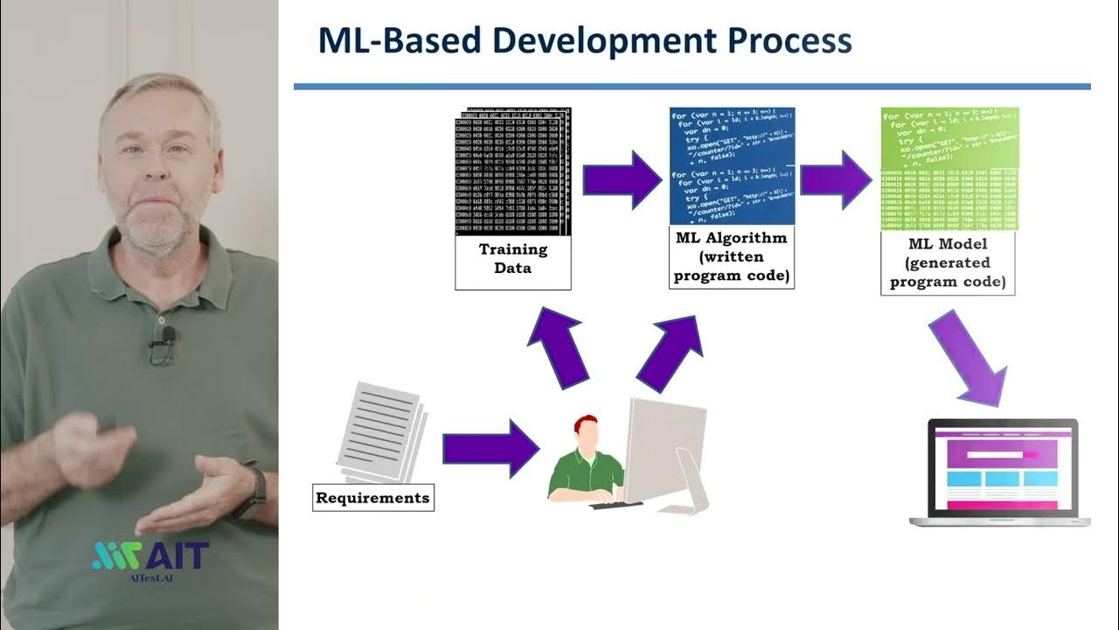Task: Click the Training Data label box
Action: [x=513, y=259]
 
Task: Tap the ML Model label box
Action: [x=949, y=262]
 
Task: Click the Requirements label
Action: [x=373, y=498]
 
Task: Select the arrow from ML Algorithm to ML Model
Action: [x=837, y=179]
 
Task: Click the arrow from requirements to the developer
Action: [x=490, y=448]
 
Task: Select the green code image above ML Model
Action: [x=949, y=169]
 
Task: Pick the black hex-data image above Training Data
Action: [x=513, y=172]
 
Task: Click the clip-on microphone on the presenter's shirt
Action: [x=163, y=337]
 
